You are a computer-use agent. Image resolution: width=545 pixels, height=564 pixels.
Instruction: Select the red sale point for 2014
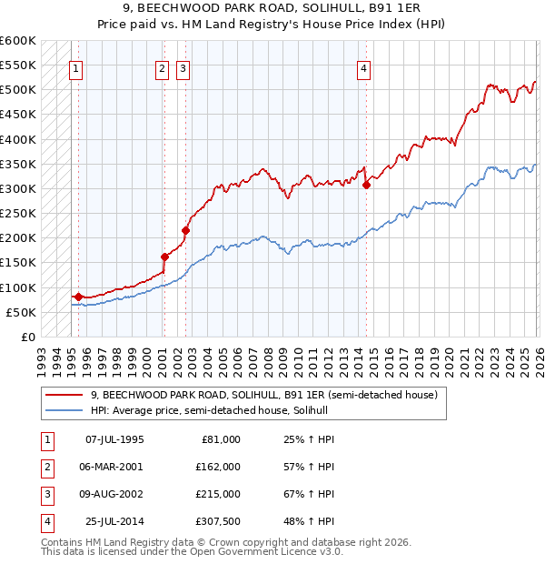tap(366, 185)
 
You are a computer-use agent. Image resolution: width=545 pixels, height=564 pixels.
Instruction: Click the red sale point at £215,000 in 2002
tap(185, 230)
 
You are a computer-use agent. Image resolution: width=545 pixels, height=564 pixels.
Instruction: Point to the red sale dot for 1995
tap(78, 297)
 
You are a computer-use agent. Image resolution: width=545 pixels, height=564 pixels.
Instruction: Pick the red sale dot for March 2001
tap(164, 257)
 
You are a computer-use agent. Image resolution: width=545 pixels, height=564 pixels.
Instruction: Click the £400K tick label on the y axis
tap(17, 139)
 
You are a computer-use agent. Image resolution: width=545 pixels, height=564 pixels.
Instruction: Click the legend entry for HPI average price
tap(209, 410)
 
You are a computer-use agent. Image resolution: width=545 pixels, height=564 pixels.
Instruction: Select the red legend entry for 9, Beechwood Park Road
tap(263, 395)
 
